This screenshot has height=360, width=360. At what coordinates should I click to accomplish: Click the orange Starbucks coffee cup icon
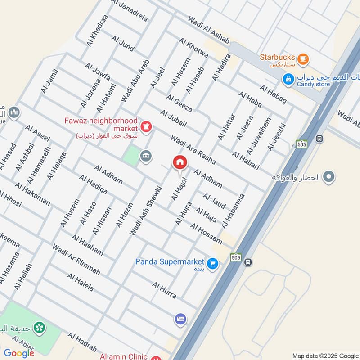pyautogui.click(x=303, y=58)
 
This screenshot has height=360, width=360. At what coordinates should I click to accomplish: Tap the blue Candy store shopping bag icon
pyautogui.click(x=288, y=79)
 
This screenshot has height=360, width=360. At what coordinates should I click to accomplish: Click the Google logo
pyautogui.click(x=19, y=353)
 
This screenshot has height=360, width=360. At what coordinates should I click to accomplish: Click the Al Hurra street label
pyautogui.click(x=164, y=290)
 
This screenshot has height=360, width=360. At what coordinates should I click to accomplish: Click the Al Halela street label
pyautogui.click(x=80, y=282)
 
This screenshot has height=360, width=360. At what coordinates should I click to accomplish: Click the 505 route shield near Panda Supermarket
pyautogui.click(x=235, y=257)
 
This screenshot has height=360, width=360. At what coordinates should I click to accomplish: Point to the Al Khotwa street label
pyautogui.click(x=193, y=48)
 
